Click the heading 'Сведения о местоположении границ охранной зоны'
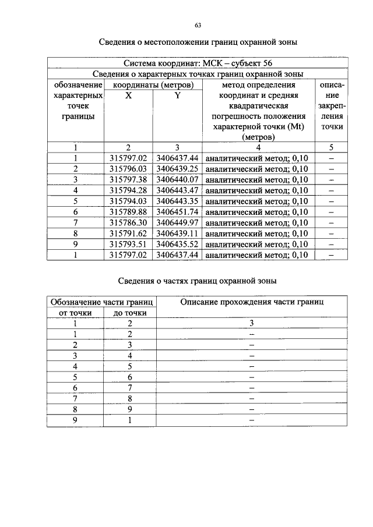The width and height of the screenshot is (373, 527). coord(198,43)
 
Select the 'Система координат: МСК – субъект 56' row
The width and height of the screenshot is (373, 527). coord(198,63)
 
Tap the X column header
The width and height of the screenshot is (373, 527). coord(128,96)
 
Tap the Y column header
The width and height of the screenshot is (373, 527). coord(177,96)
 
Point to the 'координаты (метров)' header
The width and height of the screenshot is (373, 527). coord(153,84)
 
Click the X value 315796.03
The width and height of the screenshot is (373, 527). coord(128,168)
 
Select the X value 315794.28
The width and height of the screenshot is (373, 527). coord(128,190)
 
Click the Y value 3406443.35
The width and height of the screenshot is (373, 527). coord(177,201)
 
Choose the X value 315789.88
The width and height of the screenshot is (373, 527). coord(128,211)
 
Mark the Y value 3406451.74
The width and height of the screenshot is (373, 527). coord(177,211)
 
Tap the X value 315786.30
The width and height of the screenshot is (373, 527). coord(128,222)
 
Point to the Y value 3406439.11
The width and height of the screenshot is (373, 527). coord(177,233)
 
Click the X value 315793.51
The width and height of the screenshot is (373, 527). coord(128,244)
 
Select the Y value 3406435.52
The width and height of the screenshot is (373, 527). coord(177,244)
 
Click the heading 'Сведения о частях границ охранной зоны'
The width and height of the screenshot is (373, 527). coord(198,281)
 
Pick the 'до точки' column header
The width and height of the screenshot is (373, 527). coord(129,313)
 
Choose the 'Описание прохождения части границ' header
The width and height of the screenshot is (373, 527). coord(252,302)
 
